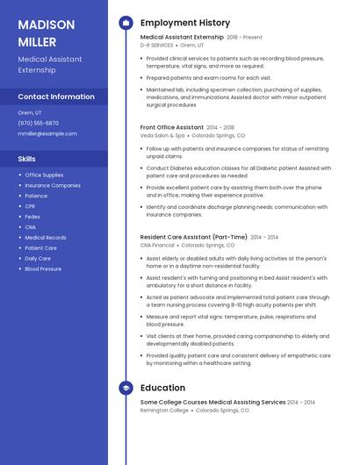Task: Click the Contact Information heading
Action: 56,97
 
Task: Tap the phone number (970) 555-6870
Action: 39,123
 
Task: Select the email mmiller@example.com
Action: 47,133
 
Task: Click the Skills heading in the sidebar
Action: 26,159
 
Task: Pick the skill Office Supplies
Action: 44,175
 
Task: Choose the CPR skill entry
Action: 30,206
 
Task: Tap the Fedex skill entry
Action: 32,217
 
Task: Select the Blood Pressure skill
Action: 43,269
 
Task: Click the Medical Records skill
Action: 46,238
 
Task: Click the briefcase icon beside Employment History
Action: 126,23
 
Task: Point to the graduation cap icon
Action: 126,388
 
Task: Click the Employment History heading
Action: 185,23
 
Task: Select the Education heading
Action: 162,388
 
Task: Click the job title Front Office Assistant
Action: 172,127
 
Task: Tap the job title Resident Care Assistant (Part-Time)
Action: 194,237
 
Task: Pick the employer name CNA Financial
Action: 157,246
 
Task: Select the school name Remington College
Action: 164,410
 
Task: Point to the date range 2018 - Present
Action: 244,38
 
